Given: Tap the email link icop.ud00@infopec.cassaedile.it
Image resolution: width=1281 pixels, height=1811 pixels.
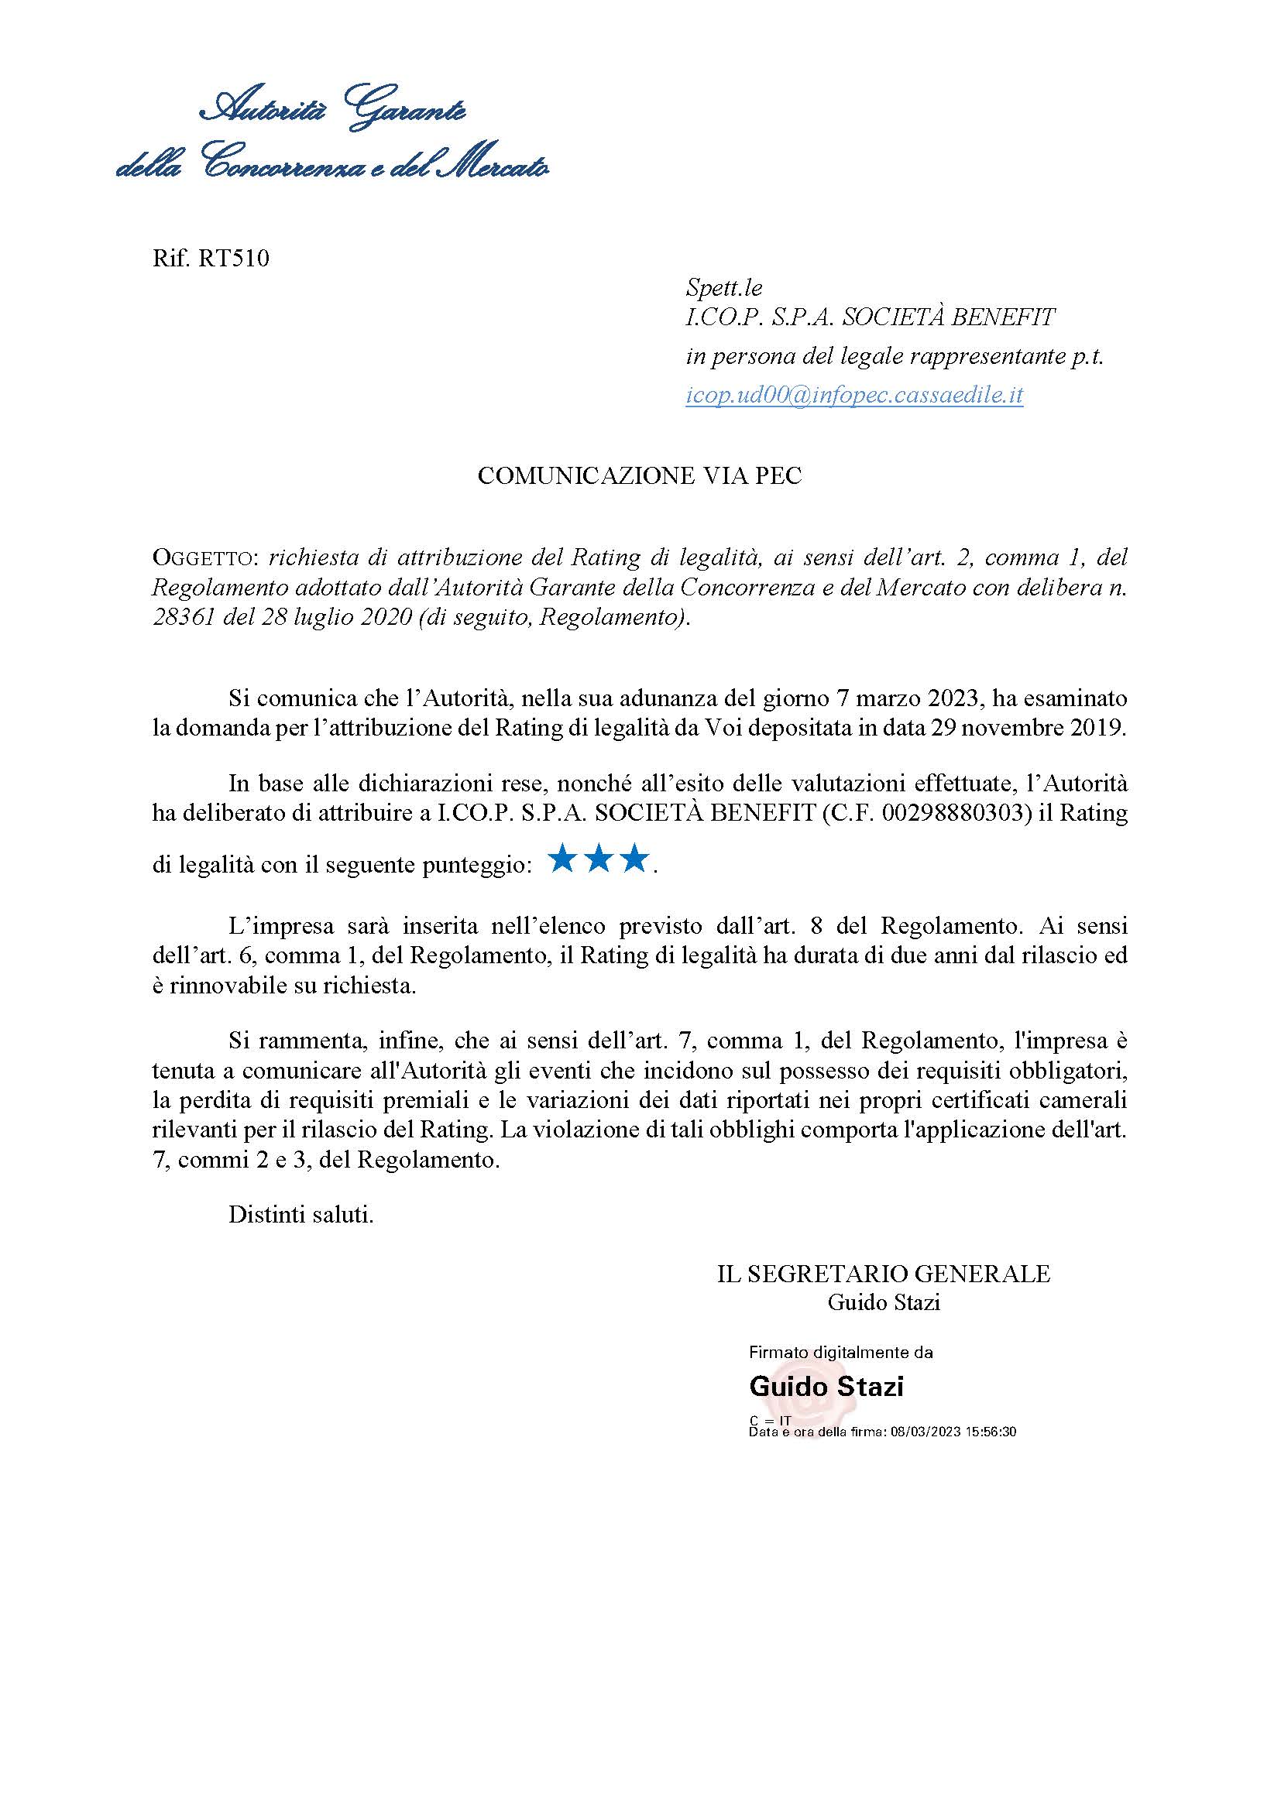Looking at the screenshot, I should click(x=854, y=394).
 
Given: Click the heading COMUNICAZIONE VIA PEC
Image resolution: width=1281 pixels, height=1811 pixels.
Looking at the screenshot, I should click(x=640, y=475).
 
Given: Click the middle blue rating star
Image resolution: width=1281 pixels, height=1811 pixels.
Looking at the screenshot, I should click(x=599, y=859).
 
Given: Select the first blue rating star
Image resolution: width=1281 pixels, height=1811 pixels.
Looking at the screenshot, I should click(x=562, y=859).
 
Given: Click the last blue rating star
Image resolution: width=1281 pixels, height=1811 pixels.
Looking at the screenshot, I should click(x=635, y=859).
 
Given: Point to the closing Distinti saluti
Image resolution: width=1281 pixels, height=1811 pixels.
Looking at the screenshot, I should click(x=301, y=1215).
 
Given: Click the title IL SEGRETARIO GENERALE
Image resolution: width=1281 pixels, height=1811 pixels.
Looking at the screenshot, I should click(x=884, y=1274).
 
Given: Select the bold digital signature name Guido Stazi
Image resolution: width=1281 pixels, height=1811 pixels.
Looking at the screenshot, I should click(x=826, y=1386).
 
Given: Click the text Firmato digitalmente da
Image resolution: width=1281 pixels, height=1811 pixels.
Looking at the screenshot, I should click(x=841, y=1352).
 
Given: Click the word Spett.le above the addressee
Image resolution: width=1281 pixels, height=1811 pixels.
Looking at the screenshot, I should click(x=724, y=288).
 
